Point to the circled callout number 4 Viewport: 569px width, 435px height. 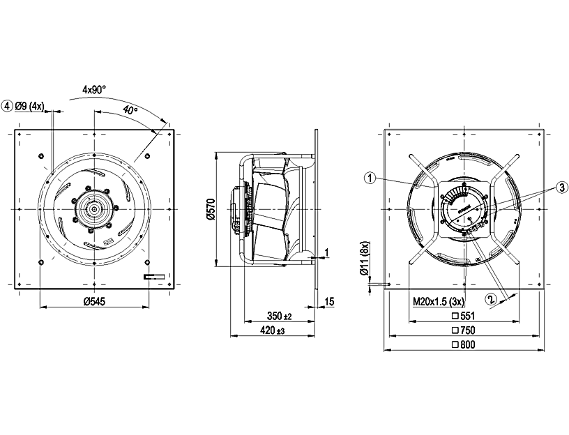point(8,106)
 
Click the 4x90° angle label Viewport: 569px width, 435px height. point(93,89)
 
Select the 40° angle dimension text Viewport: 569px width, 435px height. point(130,110)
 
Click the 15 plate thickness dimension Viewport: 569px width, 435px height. point(330,301)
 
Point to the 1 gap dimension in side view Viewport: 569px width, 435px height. point(325,252)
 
